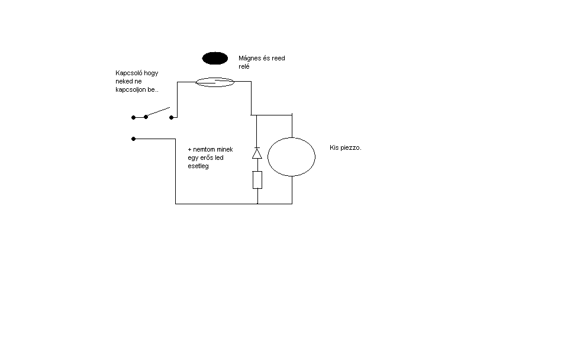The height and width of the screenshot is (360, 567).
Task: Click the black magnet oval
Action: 215,58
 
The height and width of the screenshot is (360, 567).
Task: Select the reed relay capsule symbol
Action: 215,82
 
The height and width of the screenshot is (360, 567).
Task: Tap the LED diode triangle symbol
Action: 257,153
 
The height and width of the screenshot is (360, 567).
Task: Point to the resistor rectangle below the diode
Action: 257,179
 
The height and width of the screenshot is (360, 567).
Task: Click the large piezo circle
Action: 291,157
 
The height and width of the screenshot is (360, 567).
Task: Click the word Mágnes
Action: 250,59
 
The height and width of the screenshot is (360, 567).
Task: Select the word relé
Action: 244,67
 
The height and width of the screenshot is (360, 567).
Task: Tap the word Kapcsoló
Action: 130,73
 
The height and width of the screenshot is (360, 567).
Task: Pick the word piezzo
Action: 350,147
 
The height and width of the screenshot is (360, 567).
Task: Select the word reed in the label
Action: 278,59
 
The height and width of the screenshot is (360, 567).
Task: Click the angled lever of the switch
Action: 157,111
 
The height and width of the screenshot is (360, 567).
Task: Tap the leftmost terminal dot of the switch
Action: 134,117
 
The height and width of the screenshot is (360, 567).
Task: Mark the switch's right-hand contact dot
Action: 171,117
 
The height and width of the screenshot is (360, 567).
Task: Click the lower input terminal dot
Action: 134,139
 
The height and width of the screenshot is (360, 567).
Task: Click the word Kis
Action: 334,147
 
